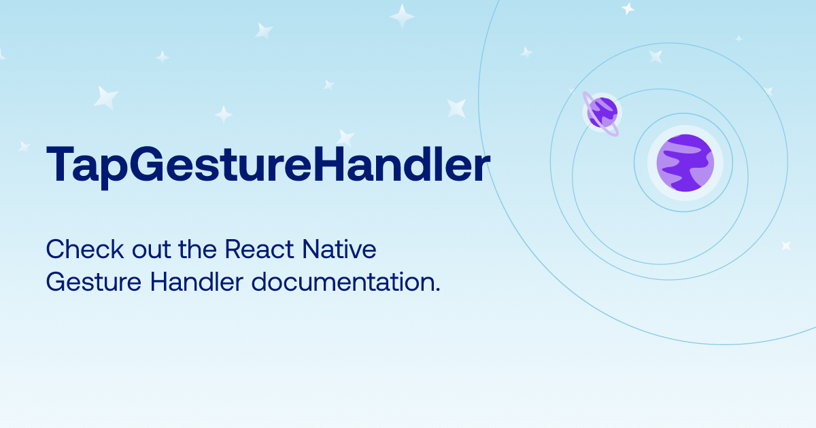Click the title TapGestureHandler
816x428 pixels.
[267, 165]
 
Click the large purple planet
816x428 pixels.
[685, 163]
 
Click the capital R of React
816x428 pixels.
[232, 249]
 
